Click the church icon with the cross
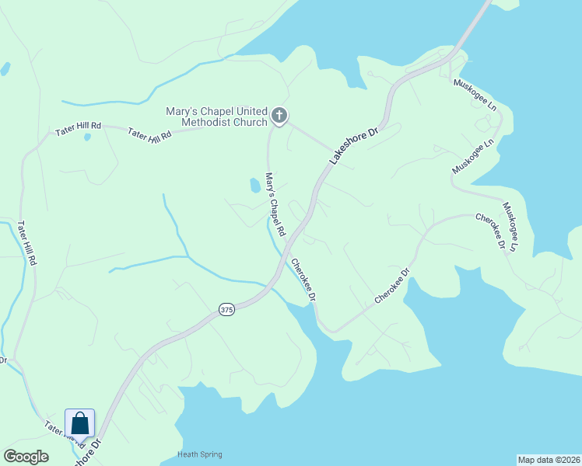279,116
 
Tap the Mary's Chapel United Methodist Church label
216,116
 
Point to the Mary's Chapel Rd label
275,205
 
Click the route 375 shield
226,309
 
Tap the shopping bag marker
79,424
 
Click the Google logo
26,457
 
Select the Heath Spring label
200,454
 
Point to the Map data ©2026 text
549,459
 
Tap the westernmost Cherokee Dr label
303,280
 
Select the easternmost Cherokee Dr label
491,231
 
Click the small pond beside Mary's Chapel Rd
254,185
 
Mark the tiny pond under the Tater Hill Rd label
87,137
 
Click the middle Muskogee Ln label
473,157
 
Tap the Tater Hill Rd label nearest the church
149,134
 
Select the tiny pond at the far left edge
5,68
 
